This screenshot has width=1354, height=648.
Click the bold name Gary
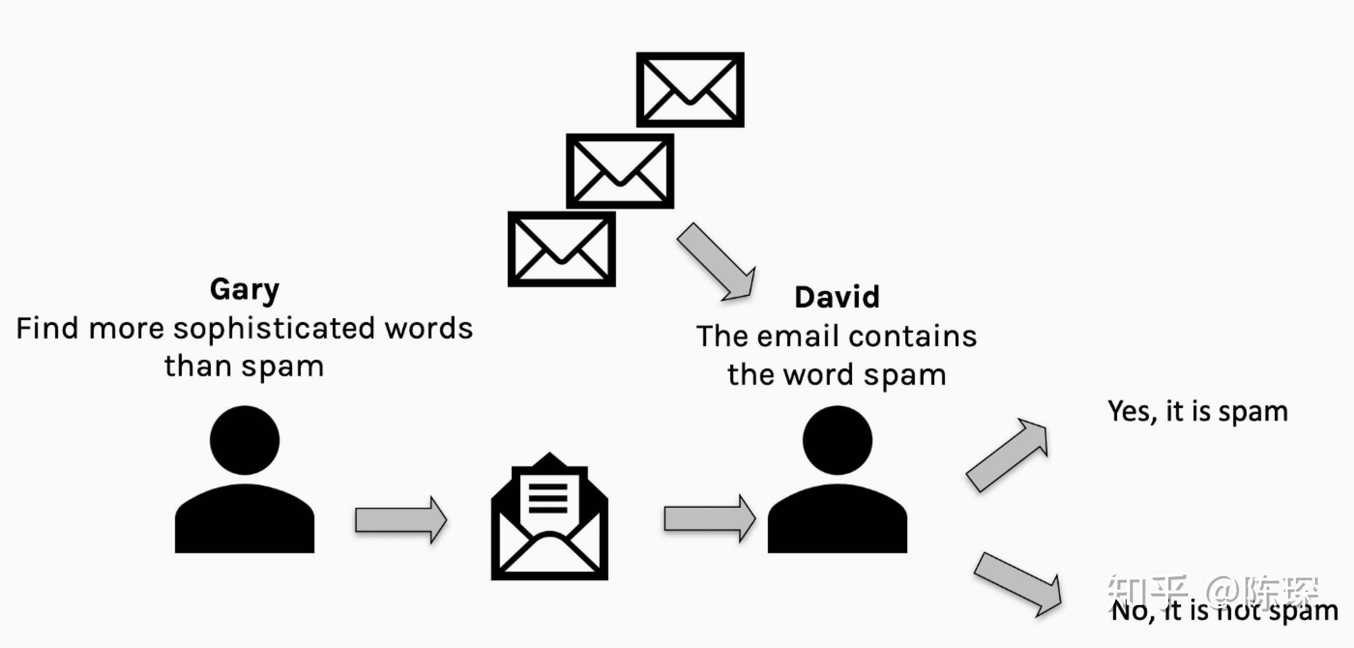(244, 290)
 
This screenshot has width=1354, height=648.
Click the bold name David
(837, 297)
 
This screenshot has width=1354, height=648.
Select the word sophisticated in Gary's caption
(274, 329)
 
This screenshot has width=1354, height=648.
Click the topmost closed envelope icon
(690, 89)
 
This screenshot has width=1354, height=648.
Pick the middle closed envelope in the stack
(620, 171)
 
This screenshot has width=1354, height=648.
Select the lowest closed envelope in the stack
(561, 249)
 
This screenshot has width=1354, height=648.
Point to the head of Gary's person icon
(244, 440)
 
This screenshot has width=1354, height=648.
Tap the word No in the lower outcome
(1129, 611)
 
